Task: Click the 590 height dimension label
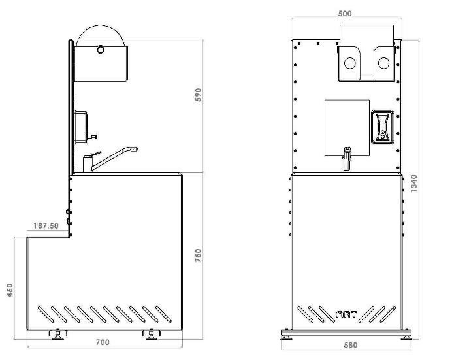(x=199, y=95)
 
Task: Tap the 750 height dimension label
(x=199, y=255)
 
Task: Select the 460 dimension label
(x=10, y=290)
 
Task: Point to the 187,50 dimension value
(x=46, y=226)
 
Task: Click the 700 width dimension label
(x=103, y=342)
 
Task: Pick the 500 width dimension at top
(x=345, y=14)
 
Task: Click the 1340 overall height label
(x=414, y=184)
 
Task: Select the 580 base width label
(x=351, y=345)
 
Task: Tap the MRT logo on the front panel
(x=346, y=314)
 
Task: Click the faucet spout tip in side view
(x=135, y=149)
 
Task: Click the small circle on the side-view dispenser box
(x=100, y=50)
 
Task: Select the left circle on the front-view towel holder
(x=349, y=63)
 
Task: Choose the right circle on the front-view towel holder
(x=383, y=63)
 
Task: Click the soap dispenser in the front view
(x=382, y=127)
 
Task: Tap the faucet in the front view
(x=347, y=159)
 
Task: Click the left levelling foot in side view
(x=57, y=335)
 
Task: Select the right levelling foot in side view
(x=152, y=335)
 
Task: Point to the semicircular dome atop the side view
(x=101, y=29)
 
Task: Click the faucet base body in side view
(x=88, y=164)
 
